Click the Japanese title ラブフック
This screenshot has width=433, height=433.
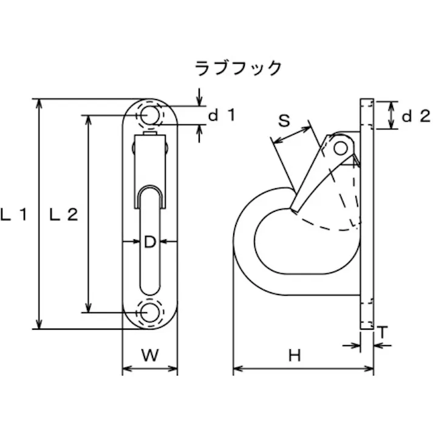238,68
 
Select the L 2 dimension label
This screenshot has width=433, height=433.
64,214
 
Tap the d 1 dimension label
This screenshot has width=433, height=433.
222,115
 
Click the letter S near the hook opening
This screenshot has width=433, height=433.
284,120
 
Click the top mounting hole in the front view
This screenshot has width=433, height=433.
150,115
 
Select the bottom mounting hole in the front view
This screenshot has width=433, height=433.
150,312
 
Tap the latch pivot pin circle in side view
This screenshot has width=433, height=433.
341,148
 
